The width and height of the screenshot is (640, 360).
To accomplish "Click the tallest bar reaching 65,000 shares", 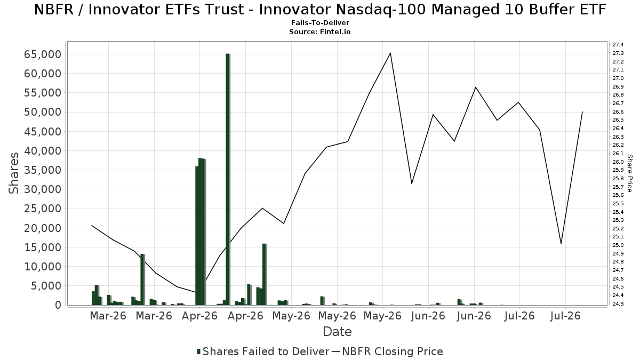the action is point(228,179).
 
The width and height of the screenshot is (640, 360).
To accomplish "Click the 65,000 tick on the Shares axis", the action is point(43,54).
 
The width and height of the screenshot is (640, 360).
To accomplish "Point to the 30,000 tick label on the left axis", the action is point(43,189).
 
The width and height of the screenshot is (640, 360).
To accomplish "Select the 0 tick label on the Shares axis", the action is point(58,305).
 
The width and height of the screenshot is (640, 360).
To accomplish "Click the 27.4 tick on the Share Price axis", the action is point(618,45).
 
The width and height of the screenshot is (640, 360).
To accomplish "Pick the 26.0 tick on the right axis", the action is point(618,162).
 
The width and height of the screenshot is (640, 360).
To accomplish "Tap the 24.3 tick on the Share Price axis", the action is point(618,303).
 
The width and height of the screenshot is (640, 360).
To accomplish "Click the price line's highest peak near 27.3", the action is point(390,53).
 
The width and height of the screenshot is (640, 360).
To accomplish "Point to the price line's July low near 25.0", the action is point(561,244).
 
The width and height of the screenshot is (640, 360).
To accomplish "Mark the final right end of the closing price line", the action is point(582,112).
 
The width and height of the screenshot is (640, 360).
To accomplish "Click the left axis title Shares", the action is point(13,173).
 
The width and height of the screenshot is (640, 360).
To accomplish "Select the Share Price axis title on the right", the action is point(629,173).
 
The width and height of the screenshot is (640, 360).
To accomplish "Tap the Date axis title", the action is point(337,332).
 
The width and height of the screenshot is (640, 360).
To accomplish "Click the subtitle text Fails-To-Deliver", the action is point(320,23).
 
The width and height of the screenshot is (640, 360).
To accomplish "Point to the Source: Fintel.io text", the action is point(320,31).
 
